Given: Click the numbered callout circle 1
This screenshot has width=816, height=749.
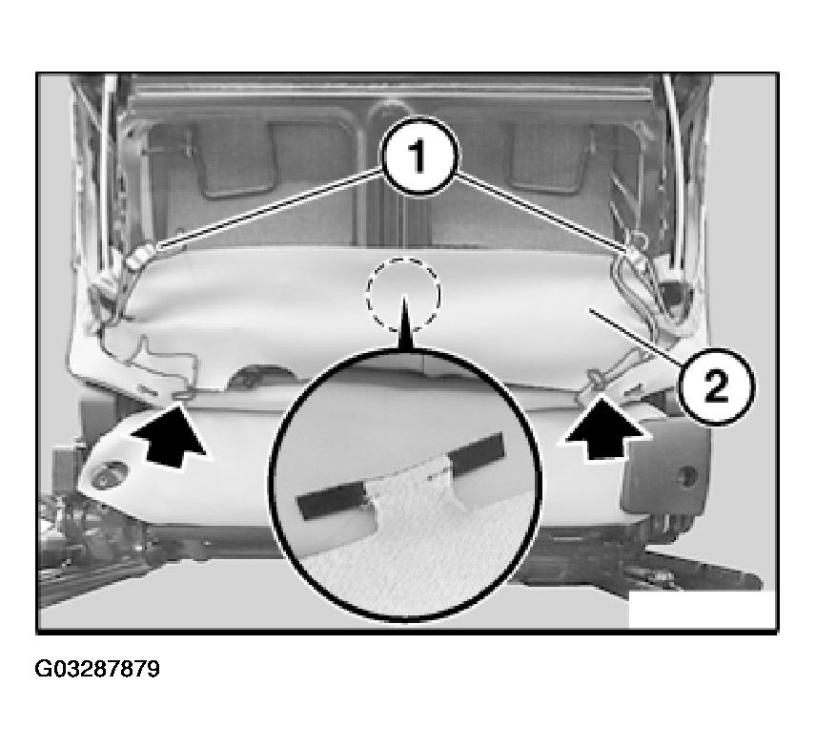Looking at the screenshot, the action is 419,156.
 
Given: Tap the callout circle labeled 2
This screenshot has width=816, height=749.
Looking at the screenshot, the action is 717,387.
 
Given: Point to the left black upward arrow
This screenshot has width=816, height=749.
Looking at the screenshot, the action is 171,435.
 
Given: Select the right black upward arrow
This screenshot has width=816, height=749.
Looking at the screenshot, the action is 604,429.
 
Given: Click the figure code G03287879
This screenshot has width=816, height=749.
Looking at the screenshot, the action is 97,669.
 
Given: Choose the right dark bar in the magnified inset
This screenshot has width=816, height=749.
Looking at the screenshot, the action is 478,453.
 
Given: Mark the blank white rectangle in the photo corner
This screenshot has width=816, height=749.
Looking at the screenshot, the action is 703,610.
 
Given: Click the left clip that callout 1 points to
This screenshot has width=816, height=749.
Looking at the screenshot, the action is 139,256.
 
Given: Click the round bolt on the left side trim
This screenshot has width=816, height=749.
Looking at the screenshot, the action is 109,474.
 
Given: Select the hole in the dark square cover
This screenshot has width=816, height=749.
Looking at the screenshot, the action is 688,475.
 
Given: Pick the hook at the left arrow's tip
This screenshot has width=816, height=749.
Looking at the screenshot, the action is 183,397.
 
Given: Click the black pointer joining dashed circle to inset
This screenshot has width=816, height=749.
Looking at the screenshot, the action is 405,322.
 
